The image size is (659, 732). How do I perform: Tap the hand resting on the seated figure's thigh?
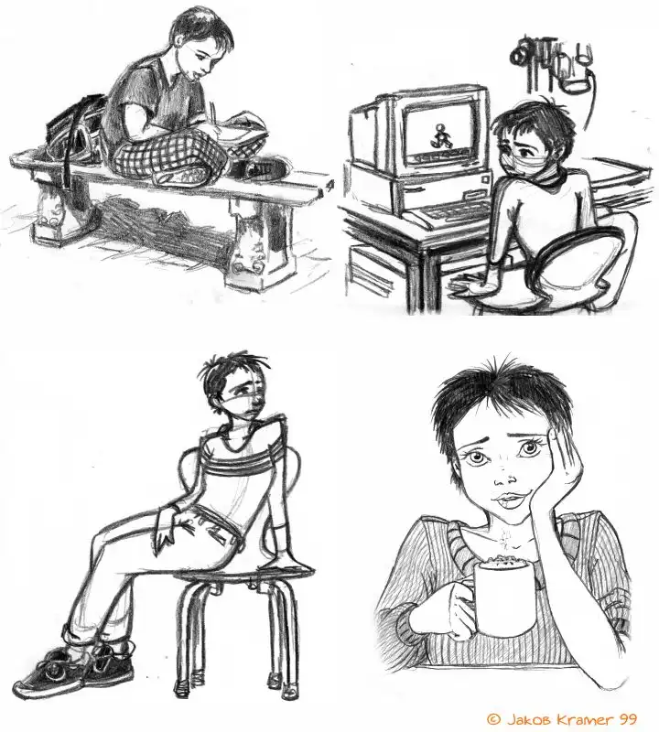click(x=170, y=527)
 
